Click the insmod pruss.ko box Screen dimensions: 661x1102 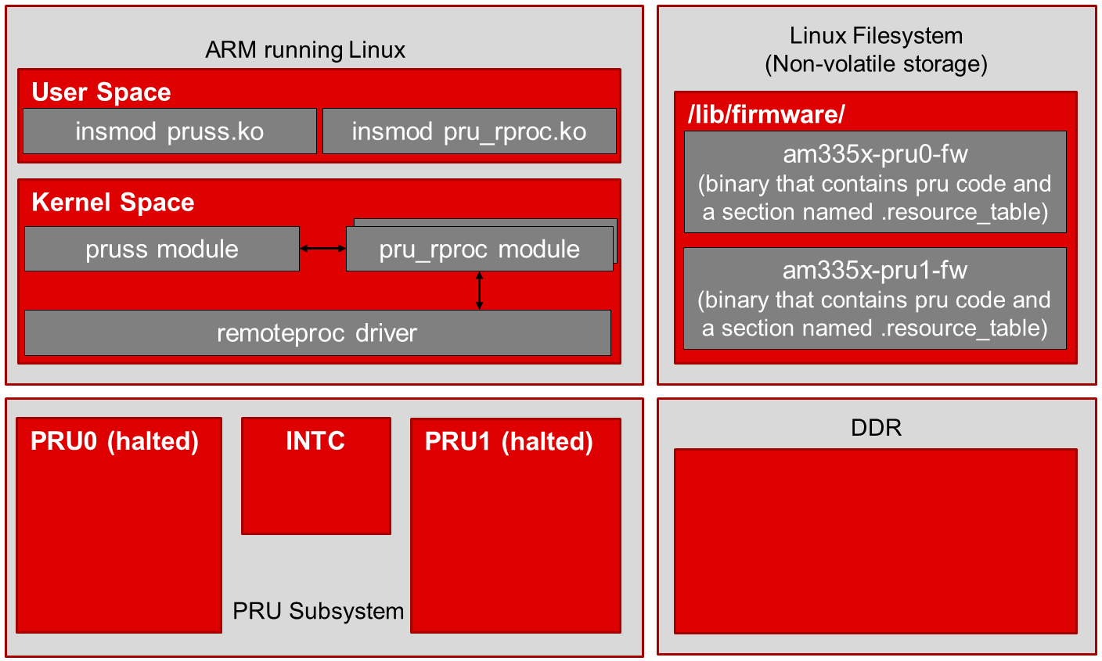(169, 131)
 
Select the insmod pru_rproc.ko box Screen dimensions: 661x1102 (469, 131)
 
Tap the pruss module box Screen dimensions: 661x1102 (162, 249)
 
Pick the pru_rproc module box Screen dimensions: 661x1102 (479, 249)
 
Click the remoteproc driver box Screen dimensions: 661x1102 (317, 333)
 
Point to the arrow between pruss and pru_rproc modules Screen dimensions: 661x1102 (322, 249)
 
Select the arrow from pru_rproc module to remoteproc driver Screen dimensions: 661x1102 (480, 290)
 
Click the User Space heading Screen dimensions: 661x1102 (101, 92)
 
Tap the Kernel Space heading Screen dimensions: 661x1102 (113, 203)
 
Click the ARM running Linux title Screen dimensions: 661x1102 (305, 50)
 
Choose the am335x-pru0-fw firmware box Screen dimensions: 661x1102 (875, 182)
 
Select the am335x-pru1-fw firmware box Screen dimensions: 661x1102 (875, 298)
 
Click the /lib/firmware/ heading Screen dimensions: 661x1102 (766, 115)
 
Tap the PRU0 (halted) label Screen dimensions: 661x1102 (114, 441)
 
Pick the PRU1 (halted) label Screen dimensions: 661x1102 (509, 441)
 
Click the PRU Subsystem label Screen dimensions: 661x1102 (319, 611)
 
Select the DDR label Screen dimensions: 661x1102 (876, 428)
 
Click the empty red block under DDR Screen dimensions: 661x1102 (875, 541)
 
